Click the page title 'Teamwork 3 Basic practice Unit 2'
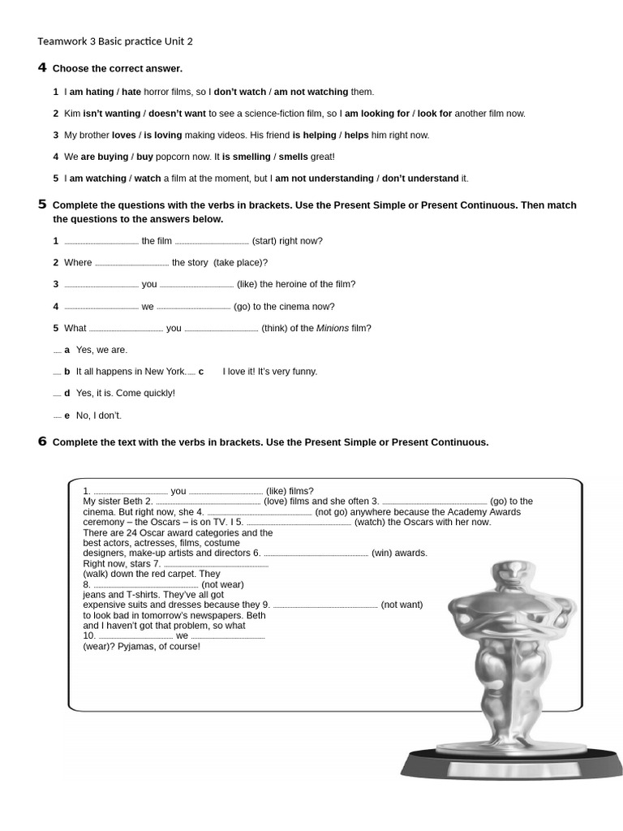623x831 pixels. point(115,41)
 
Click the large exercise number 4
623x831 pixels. point(42,67)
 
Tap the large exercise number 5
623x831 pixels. point(42,205)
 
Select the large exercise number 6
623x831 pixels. point(42,441)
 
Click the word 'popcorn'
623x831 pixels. point(174,157)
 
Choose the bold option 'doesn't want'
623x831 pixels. point(177,114)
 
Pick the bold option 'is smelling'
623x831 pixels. point(247,157)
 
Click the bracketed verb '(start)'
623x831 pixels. point(264,241)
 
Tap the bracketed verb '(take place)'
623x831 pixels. point(240,263)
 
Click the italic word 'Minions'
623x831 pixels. point(332,329)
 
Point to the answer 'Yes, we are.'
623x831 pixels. point(101,350)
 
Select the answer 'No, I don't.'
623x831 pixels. point(99,415)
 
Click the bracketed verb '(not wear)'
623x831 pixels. point(222,584)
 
